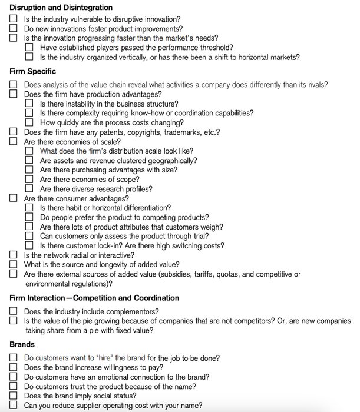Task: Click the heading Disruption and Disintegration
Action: click(61, 8)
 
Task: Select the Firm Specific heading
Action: click(33, 71)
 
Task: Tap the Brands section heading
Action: click(22, 344)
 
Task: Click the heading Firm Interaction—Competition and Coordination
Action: click(94, 298)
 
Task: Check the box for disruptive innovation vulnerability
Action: click(14, 19)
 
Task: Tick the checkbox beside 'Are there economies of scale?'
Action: click(14, 142)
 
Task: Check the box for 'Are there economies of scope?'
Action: click(29, 180)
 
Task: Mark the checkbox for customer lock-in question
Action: click(29, 245)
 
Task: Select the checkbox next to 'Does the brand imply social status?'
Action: click(14, 396)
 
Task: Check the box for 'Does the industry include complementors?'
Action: click(14, 311)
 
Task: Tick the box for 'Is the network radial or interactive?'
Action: click(14, 255)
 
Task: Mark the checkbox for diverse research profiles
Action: click(29, 189)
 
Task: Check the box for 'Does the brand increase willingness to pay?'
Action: click(14, 367)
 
